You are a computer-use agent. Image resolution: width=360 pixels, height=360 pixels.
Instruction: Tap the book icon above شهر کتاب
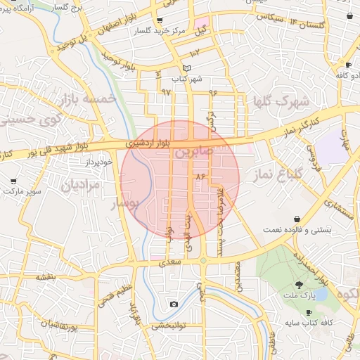click(x=186, y=67)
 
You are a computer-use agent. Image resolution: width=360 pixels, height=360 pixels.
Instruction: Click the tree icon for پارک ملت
click(x=300, y=285)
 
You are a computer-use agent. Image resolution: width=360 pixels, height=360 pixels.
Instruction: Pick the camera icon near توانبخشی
click(x=174, y=304)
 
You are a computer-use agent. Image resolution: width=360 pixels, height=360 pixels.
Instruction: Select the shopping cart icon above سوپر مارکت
click(x=13, y=181)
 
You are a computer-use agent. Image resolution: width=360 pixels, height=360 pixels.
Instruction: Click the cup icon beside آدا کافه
click(x=347, y=65)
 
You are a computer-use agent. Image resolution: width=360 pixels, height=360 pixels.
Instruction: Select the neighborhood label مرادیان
click(x=82, y=186)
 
